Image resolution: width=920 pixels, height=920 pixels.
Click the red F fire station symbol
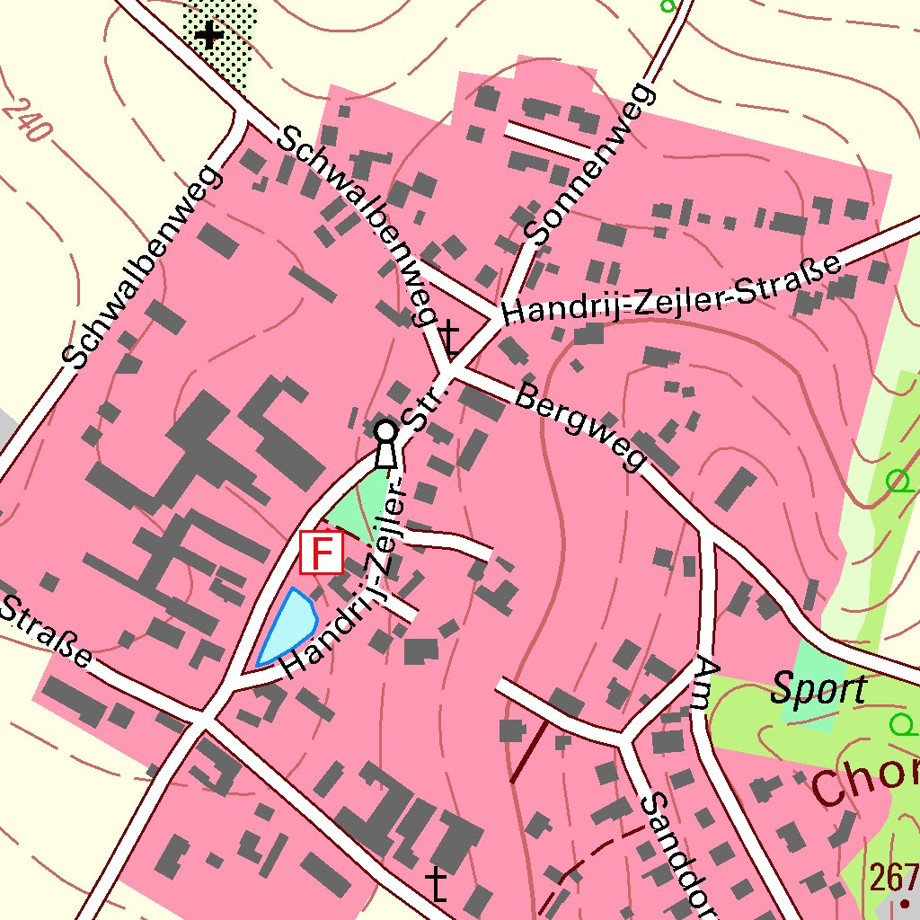click(x=322, y=552)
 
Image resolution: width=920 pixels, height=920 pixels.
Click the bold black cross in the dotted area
click(x=209, y=36)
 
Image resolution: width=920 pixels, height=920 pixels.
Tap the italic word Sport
click(x=818, y=690)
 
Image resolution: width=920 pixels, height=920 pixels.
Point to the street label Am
click(x=707, y=682)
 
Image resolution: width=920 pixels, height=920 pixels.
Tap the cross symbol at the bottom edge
click(x=438, y=884)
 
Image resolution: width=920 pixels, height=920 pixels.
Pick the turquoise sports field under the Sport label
click(x=814, y=683)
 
